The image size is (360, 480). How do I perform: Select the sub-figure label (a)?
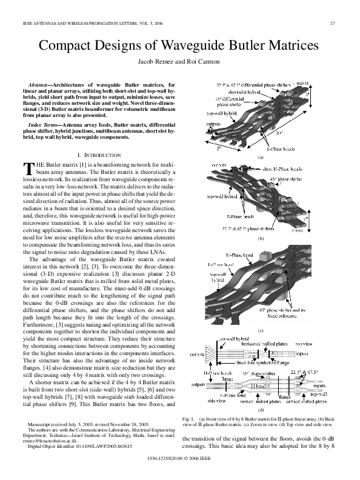point(262,157)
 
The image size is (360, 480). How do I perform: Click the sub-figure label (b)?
point(262,239)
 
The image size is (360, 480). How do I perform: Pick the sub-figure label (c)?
point(262,330)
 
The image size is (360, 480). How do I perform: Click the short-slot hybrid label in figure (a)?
point(240,92)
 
